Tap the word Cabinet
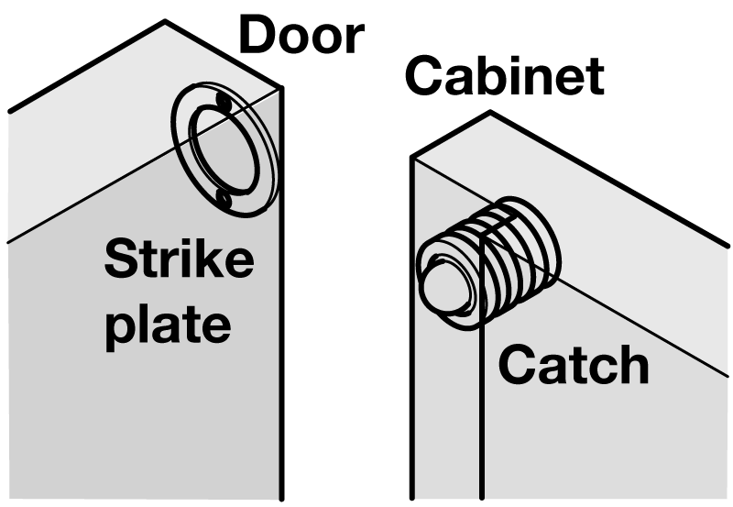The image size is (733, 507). point(504,77)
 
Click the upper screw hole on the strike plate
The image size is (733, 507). point(221,100)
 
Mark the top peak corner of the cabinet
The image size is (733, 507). point(491,113)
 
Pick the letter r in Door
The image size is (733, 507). point(354,39)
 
